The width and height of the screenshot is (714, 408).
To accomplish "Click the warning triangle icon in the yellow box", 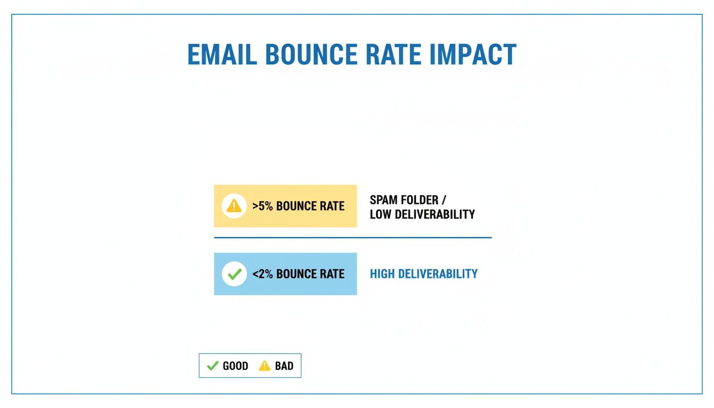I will [x=234, y=206].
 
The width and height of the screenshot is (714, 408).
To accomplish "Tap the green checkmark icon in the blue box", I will [x=234, y=274].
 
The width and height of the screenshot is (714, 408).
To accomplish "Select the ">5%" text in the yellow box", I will [x=262, y=206].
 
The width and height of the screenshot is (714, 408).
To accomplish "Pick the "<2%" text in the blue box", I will [x=262, y=274].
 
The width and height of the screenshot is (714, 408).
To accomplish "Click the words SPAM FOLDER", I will [x=404, y=200].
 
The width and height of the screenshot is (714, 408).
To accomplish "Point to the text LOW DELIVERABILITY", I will [x=422, y=215].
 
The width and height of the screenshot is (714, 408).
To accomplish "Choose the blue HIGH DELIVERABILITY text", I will [x=423, y=274].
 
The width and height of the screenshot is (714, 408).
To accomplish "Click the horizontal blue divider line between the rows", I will [x=353, y=237].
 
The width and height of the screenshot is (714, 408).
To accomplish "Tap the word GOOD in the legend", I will [x=235, y=366].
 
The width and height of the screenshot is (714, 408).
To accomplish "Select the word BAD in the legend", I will [x=284, y=366].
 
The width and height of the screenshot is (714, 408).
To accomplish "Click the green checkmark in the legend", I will [x=212, y=365].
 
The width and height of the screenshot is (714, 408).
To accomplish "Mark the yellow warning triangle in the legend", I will [x=265, y=365].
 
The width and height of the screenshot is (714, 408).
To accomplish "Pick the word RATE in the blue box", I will [x=332, y=274].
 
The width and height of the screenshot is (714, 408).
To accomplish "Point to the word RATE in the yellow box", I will [x=332, y=206].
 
